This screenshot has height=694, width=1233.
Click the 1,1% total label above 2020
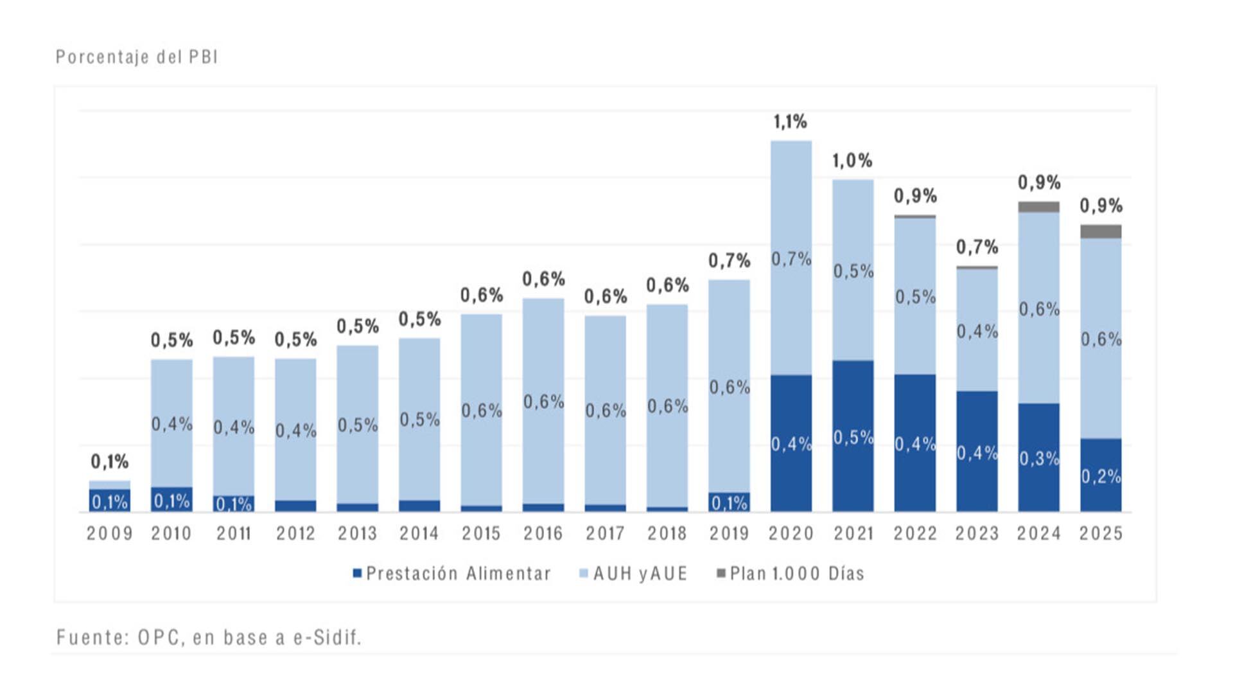(x=790, y=121)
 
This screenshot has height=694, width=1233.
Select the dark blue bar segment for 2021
(x=853, y=398)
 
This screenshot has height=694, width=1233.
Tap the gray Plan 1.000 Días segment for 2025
(x=1101, y=232)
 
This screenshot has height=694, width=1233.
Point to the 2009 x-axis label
(x=110, y=533)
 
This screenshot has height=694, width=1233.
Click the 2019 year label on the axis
(x=729, y=533)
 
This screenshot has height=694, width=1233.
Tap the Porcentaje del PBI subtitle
(x=137, y=57)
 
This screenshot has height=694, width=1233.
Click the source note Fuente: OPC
(x=209, y=637)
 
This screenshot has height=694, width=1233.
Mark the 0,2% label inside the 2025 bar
(x=1101, y=476)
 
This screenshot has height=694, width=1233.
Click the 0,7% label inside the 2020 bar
(x=791, y=259)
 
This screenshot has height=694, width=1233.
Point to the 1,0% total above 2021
(x=852, y=161)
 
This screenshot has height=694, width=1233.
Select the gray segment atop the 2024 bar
(x=1038, y=207)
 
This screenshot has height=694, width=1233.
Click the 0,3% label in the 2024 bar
(x=1038, y=458)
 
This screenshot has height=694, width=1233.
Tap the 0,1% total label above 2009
(x=109, y=461)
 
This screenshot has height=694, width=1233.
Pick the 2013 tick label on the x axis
(x=358, y=533)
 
